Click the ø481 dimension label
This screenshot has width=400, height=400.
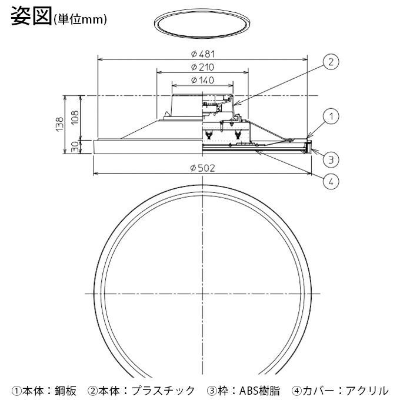(202, 54)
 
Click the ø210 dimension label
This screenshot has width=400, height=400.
(202, 66)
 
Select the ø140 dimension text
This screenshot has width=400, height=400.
(202, 79)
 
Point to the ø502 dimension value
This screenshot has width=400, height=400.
(202, 168)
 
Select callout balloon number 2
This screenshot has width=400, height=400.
(331, 62)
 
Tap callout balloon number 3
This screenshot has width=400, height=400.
(331, 159)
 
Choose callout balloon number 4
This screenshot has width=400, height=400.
(331, 181)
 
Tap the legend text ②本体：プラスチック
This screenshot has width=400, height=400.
(141, 389)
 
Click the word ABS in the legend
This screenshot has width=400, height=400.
(246, 389)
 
